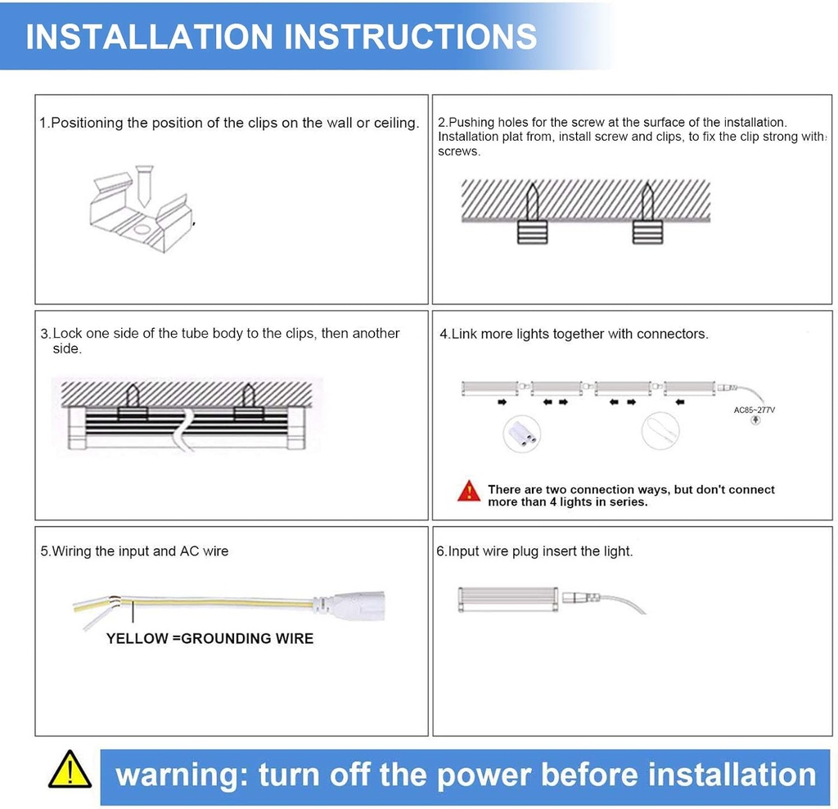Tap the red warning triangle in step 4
coord(469,491)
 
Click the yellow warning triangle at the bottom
coord(70,770)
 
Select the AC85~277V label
coord(754,410)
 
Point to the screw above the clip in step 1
coord(144,186)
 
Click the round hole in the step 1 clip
coord(142,230)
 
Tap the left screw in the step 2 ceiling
coord(532,202)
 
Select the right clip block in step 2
coord(648,232)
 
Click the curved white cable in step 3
coord(183,431)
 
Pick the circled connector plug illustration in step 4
coord(521,433)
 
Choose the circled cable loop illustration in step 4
coord(660,431)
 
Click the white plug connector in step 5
coord(349,605)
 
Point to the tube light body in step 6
coord(508,599)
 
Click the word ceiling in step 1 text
coord(397,124)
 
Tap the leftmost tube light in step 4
coord(490,388)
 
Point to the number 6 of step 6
coord(440,551)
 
